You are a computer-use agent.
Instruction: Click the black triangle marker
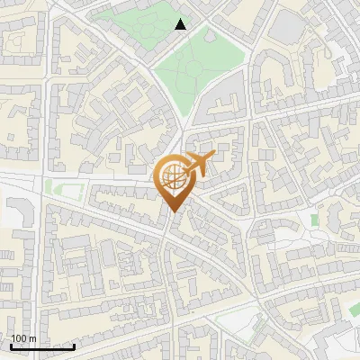(x=181, y=24)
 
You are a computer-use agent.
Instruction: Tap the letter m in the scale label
(x=33, y=338)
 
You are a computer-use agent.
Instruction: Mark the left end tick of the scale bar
(x=11, y=346)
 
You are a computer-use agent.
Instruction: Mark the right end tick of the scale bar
(x=74, y=346)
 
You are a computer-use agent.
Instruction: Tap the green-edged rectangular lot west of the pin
(x=58, y=189)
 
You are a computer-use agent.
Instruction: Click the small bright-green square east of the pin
(x=315, y=220)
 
